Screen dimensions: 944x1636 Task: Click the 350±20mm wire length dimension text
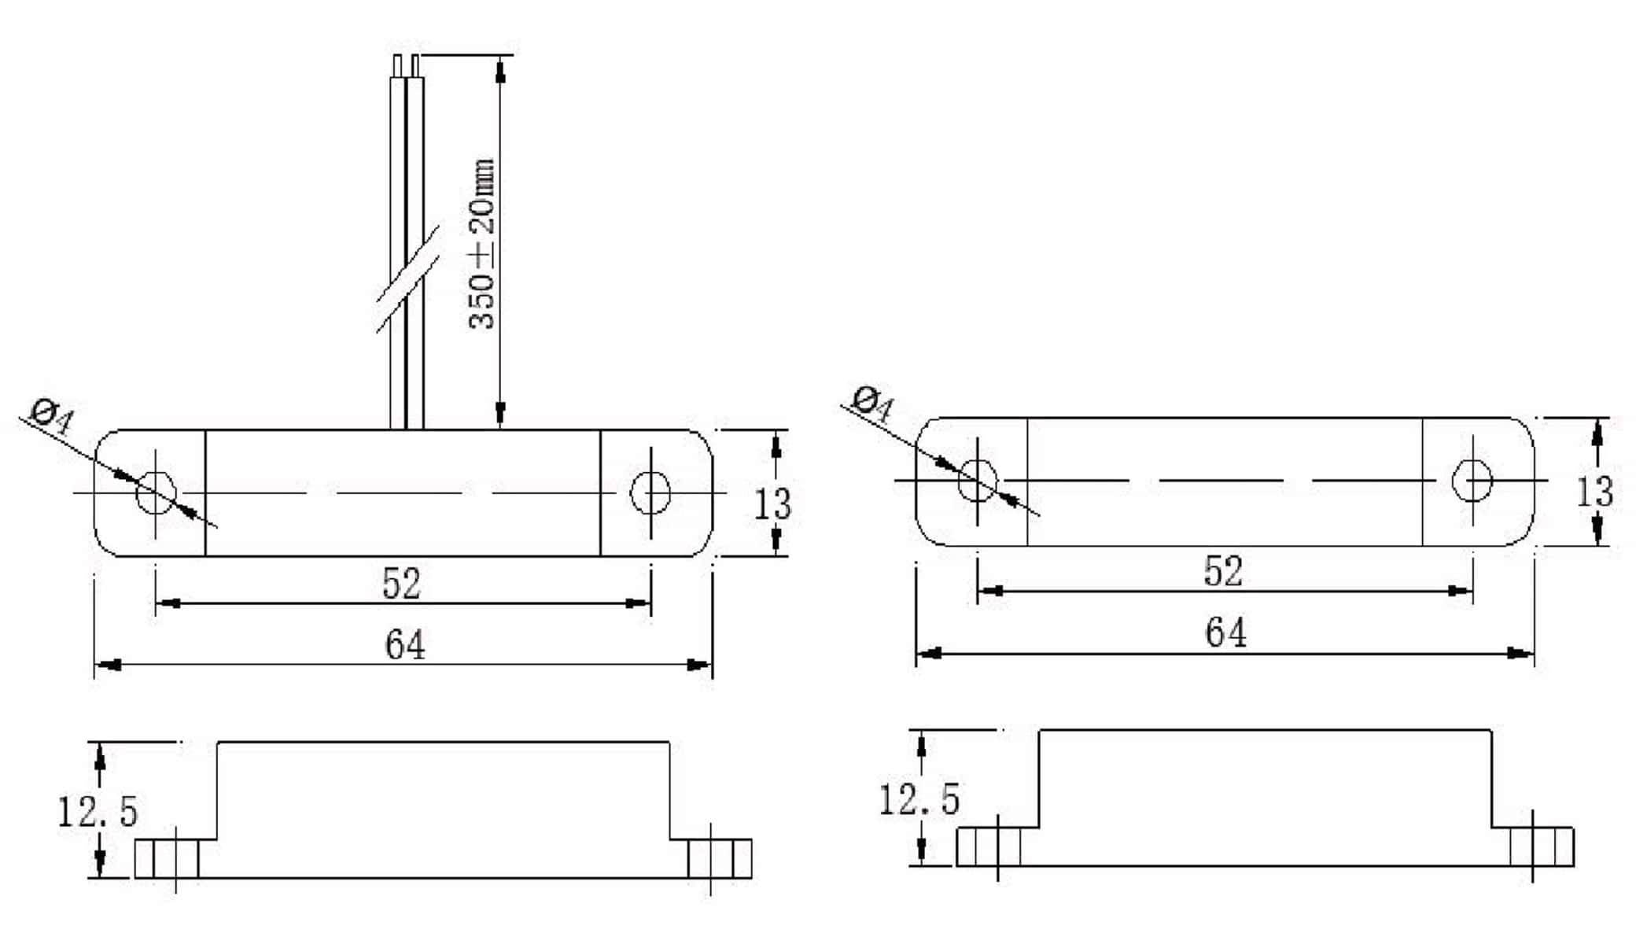[482, 244]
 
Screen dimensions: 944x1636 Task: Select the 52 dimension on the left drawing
[401, 584]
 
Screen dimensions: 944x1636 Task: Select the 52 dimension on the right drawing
[1223, 571]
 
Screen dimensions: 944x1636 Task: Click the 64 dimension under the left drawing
[405, 645]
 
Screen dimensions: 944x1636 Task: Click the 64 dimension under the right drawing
[1225, 632]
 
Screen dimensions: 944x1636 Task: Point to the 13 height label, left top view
[772, 504]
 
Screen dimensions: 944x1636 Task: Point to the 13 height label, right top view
[1594, 492]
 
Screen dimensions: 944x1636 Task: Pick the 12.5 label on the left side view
[98, 812]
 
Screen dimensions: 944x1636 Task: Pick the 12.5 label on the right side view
[919, 799]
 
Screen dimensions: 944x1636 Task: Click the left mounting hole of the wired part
[156, 493]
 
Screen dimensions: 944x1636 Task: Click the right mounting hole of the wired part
[650, 493]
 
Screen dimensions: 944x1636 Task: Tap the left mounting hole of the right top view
[978, 480]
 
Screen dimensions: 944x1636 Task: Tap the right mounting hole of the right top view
[1472, 480]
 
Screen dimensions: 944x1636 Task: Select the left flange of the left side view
[167, 858]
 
